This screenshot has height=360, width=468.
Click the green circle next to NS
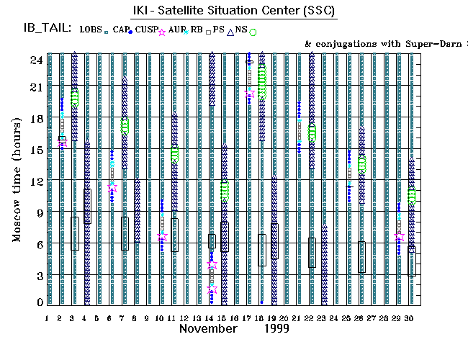click(x=253, y=32)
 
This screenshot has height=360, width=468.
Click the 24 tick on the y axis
click(x=33, y=60)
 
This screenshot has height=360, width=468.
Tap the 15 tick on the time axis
click(x=33, y=150)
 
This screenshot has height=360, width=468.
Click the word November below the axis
click(x=208, y=329)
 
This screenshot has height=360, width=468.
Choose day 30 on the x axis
click(x=410, y=318)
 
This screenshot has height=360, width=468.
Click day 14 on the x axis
click(x=210, y=318)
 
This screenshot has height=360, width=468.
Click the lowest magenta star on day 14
click(x=212, y=289)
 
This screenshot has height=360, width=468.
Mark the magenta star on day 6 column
click(x=112, y=188)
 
